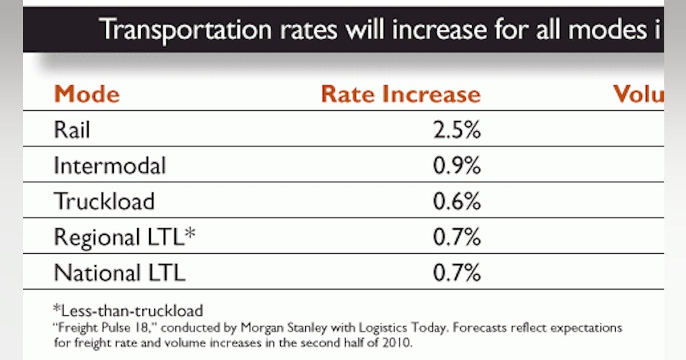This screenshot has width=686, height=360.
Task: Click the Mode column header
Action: coord(86,94)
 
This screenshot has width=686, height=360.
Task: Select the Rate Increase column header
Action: coord(400,94)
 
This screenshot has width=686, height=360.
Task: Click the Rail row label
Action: coord(72,130)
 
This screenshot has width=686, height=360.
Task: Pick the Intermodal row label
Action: coord(110,166)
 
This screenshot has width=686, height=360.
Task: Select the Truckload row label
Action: coord(104,201)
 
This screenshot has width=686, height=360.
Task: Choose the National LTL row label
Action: coord(119,273)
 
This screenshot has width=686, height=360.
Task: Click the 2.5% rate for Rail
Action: coord(456,130)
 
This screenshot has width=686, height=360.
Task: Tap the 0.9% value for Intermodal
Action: coord(456,166)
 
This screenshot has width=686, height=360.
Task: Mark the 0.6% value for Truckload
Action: coord(456,201)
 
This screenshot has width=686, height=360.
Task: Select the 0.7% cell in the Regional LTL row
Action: coord(456,237)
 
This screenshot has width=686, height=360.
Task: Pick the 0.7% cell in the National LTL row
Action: coord(456,273)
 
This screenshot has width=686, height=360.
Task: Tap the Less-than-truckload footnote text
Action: coord(129,311)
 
